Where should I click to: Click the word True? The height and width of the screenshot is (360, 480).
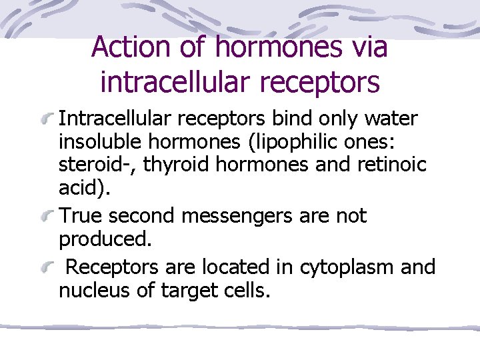click(x=81, y=216)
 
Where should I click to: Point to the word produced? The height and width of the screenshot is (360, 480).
click(x=103, y=239)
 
